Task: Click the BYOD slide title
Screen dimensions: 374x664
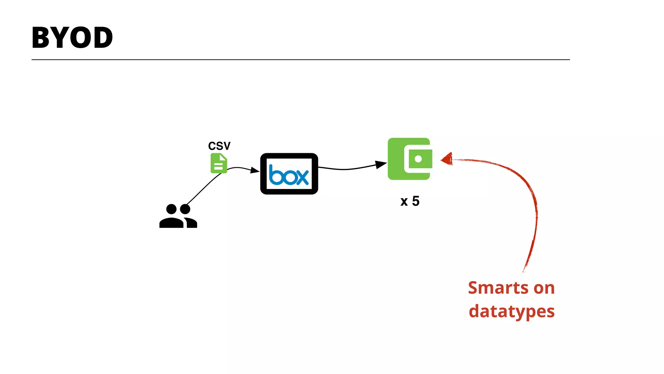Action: point(72,38)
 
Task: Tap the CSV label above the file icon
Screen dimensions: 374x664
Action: point(219,146)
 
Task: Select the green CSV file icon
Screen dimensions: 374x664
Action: point(219,163)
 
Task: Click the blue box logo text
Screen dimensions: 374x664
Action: point(289,175)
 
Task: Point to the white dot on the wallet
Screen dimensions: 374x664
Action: point(418,159)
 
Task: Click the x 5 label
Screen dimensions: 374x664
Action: point(410,201)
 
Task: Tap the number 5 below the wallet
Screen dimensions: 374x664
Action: point(416,201)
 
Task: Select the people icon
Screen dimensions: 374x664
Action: point(178,216)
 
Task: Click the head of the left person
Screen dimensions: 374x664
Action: point(171,209)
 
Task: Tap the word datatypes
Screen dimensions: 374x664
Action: point(512,311)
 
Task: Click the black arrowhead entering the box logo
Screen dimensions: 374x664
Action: point(255,170)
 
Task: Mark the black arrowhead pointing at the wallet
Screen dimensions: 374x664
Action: point(381,164)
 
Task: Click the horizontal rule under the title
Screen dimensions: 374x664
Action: point(300,60)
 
